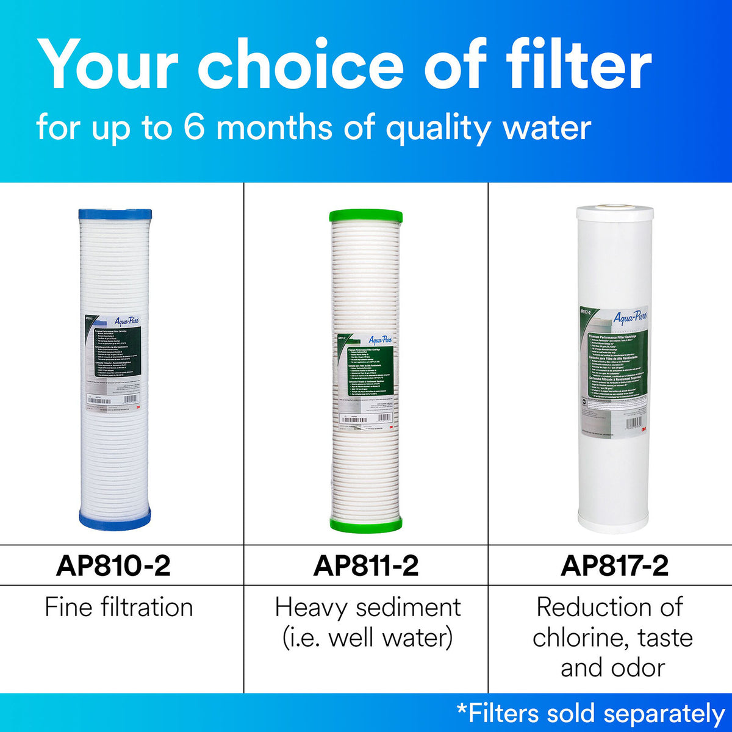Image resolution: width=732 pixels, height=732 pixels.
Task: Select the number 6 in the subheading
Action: click(x=194, y=127)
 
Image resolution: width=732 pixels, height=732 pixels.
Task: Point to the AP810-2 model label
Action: click(x=113, y=565)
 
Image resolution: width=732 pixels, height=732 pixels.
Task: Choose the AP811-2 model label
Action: click(x=366, y=565)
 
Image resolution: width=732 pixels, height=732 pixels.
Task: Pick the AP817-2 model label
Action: click(x=614, y=565)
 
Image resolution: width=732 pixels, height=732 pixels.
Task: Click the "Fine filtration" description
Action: click(x=119, y=607)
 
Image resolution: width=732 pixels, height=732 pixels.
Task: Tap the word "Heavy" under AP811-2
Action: click(x=311, y=607)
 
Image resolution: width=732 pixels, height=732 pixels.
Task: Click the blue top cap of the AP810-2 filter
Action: click(x=115, y=214)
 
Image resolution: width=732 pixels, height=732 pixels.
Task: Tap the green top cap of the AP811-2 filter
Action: click(x=365, y=216)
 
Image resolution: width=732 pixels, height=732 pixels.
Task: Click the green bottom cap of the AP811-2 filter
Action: click(x=365, y=523)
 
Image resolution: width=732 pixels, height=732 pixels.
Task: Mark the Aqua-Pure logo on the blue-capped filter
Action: click(x=125, y=321)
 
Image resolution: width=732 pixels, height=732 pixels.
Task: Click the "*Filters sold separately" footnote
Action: click(x=590, y=713)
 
